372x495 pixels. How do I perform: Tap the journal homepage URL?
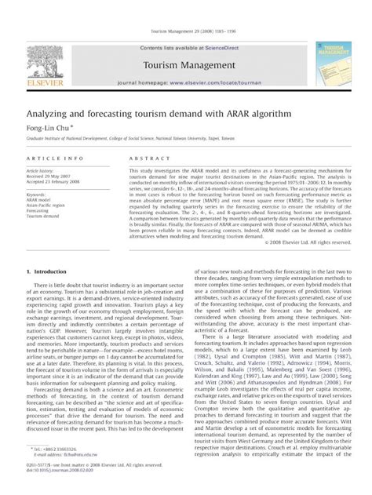207,82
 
